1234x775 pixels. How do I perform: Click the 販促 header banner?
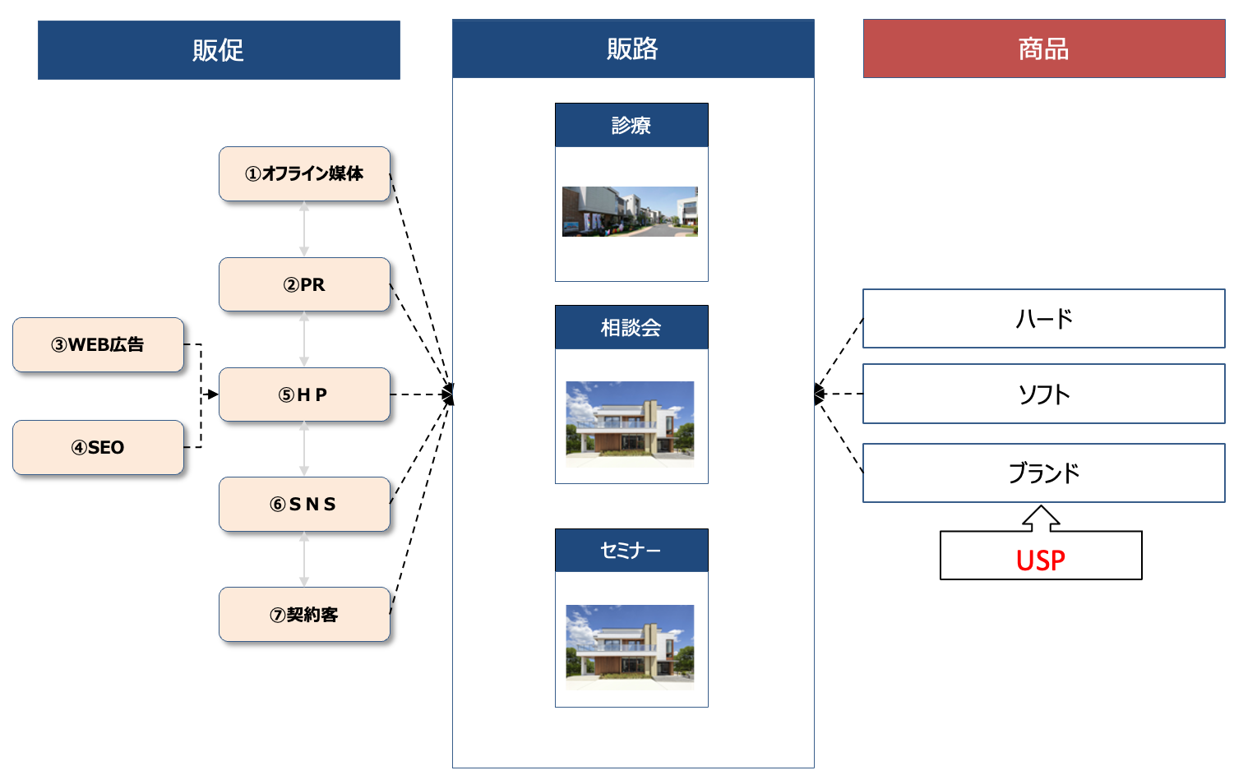[x=219, y=50]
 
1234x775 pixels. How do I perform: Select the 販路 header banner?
[x=632, y=48]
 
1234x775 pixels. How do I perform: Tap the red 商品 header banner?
[x=1043, y=48]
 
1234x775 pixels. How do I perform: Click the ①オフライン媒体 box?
[x=304, y=173]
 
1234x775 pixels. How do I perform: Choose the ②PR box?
[x=304, y=284]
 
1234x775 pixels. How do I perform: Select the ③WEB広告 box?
[x=98, y=344]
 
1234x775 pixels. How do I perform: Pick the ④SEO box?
[x=98, y=447]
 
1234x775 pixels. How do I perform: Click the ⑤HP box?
[x=304, y=394]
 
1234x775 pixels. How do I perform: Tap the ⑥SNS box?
[x=304, y=504]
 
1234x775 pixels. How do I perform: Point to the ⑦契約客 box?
[x=304, y=614]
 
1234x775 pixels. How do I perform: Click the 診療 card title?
[x=631, y=125]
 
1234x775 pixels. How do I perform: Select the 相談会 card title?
[x=631, y=327]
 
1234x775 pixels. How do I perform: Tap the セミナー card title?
[x=631, y=550]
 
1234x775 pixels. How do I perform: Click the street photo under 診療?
[x=630, y=211]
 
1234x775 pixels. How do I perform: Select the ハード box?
[x=1043, y=318]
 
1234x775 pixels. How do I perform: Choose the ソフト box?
[x=1043, y=394]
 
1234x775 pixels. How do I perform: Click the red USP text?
[x=1040, y=560]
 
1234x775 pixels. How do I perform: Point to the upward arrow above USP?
[x=1041, y=518]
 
